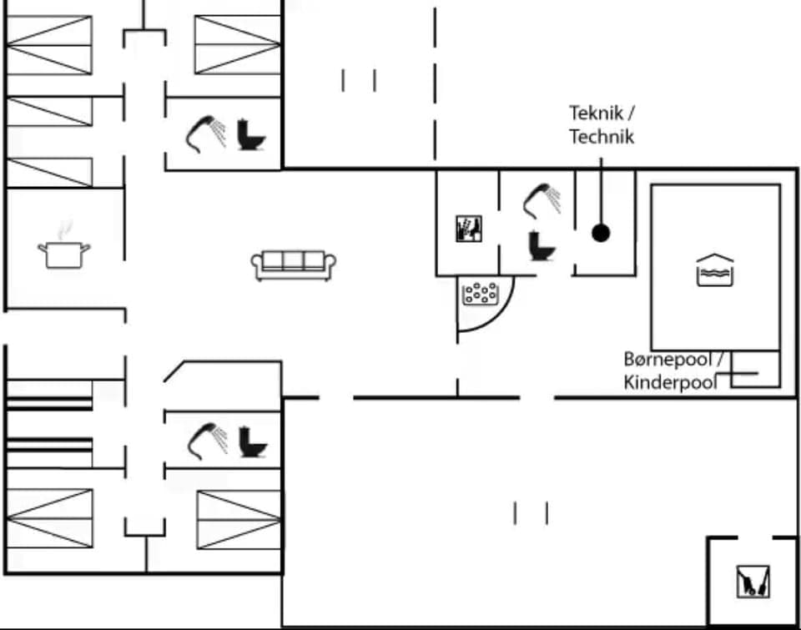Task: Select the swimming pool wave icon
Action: point(715,271)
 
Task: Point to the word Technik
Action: point(601,137)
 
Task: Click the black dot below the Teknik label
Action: point(600,233)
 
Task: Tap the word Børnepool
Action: point(667,360)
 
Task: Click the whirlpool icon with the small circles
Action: point(480,293)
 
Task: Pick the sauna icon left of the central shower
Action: point(469,228)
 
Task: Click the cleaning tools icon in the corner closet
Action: point(753,582)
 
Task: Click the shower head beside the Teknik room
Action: point(542,200)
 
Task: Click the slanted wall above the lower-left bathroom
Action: point(174,371)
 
